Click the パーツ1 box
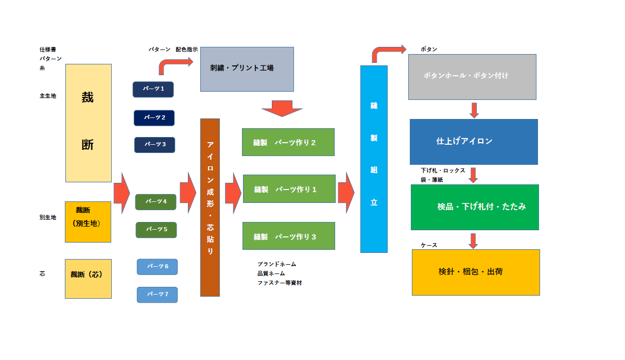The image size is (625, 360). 153,89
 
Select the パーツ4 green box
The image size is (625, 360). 155,202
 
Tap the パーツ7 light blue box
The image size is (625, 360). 157,295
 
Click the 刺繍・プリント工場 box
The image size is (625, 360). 247,69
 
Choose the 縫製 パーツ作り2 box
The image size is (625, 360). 288,142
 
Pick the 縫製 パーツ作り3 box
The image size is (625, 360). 288,236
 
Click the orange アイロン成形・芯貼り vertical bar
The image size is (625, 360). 210,208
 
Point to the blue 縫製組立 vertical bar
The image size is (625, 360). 374,159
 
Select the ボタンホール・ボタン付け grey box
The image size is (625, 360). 472,77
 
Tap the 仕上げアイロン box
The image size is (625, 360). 474,142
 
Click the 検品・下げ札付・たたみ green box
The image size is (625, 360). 475,207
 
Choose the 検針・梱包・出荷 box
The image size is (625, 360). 476,272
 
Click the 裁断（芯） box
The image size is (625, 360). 88,279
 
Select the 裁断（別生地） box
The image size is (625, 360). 88,221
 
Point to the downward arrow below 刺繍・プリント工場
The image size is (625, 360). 282,108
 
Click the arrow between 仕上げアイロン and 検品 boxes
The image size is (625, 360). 473,175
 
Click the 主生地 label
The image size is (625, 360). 48,96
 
